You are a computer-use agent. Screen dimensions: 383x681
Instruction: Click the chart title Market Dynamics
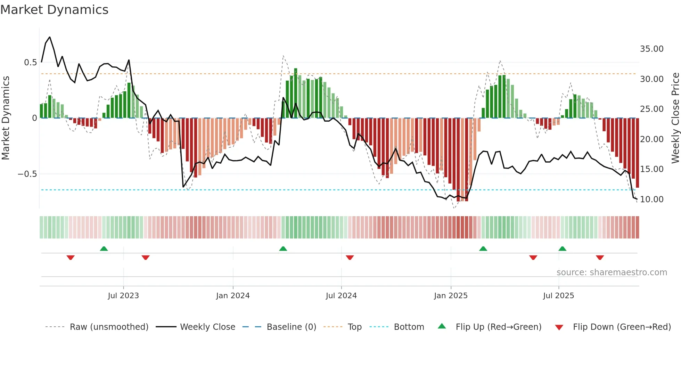pyautogui.click(x=54, y=10)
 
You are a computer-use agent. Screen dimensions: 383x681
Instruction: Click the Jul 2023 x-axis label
pyautogui.click(x=123, y=296)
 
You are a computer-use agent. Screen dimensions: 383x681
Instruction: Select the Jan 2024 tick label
pyautogui.click(x=233, y=296)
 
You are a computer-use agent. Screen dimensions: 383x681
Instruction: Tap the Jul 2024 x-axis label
pyautogui.click(x=341, y=296)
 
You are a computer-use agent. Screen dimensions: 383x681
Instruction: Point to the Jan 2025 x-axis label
pyautogui.click(x=451, y=296)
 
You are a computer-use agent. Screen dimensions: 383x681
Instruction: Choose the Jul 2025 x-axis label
pyautogui.click(x=558, y=296)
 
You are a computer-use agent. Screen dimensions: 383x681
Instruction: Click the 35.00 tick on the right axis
pyautogui.click(x=651, y=49)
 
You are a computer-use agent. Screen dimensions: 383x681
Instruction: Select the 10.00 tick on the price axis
pyautogui.click(x=651, y=199)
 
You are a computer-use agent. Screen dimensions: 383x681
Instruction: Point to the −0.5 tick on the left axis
pyautogui.click(x=27, y=174)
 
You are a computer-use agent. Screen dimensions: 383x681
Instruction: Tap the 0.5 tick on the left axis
pyautogui.click(x=30, y=63)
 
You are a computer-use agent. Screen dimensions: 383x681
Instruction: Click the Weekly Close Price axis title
pyautogui.click(x=675, y=118)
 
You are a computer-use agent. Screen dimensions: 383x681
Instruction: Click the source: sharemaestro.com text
pyautogui.click(x=612, y=272)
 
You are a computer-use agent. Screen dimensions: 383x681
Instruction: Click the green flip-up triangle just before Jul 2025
pyautogui.click(x=562, y=248)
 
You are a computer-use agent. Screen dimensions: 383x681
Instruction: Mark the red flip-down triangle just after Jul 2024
pyautogui.click(x=350, y=258)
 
